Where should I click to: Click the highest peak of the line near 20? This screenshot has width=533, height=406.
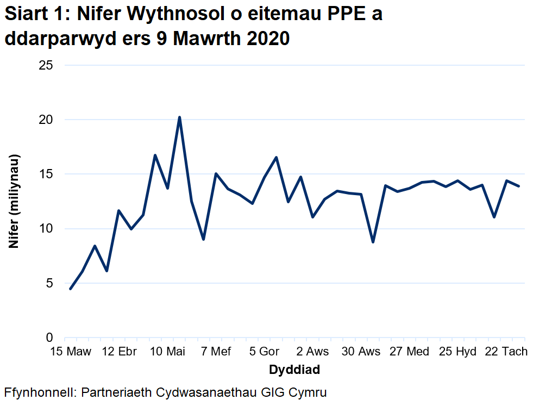pos(179,117)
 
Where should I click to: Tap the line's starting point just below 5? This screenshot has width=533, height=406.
pos(71,289)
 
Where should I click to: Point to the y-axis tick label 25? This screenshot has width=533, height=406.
pos(46,65)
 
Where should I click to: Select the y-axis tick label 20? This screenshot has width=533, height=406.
pos(46,120)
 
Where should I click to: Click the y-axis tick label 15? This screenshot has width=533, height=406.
pos(46,174)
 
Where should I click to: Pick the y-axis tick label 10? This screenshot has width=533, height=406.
pos(46,229)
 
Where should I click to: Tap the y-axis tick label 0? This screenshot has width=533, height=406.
pos(49,338)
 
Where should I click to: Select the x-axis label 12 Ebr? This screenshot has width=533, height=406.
pos(119,352)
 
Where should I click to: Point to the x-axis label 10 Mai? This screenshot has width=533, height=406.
pos(167,352)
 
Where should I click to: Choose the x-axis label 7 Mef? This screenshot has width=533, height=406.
pos(216,352)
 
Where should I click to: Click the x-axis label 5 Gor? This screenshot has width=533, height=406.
pos(264,352)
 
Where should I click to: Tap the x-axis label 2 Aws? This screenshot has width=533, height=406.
pos(313,352)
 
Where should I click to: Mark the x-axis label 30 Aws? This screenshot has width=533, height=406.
pos(361,352)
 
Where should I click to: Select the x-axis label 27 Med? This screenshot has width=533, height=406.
pos(409,352)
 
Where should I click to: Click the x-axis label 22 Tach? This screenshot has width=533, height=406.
pos(506,352)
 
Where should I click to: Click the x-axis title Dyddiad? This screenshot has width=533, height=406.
pos(294,370)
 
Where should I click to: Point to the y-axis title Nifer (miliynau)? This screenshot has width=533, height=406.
pos(14,202)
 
